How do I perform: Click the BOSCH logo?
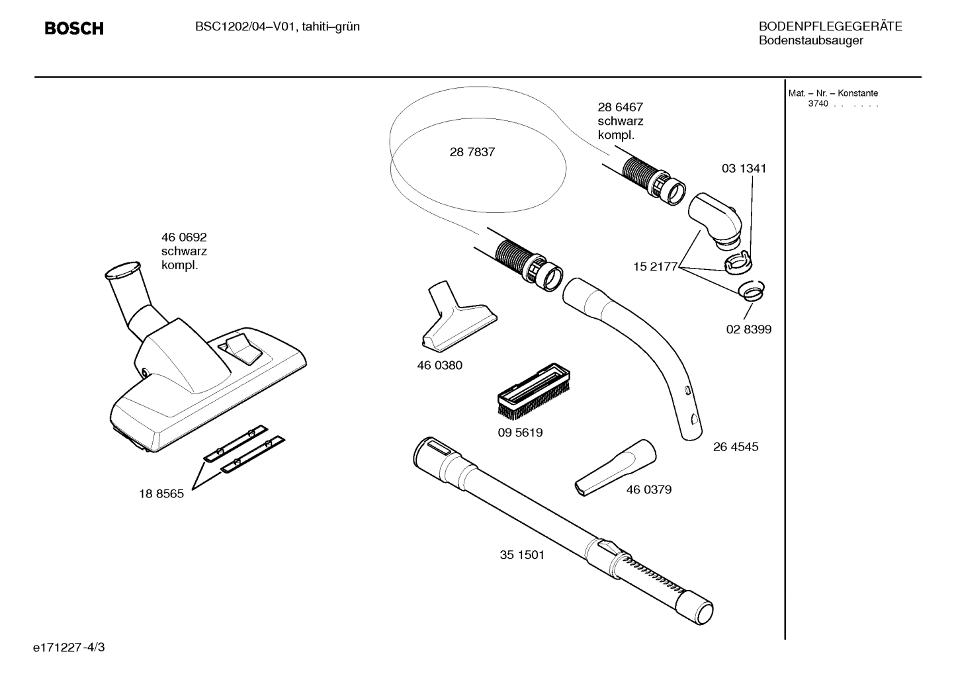point(73,28)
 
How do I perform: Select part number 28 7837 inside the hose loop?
point(472,152)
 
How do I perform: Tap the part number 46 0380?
point(439,365)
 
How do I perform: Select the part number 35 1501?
point(522,554)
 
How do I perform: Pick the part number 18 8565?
point(161,493)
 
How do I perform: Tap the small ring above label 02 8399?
point(750,290)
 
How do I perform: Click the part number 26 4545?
point(736,446)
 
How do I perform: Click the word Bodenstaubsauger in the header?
point(810,41)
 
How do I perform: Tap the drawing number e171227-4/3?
point(69,647)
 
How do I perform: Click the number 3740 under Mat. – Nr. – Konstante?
point(818,104)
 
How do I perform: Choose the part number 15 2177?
point(655,267)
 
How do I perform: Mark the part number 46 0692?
point(184,237)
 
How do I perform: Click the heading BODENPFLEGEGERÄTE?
point(830,26)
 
